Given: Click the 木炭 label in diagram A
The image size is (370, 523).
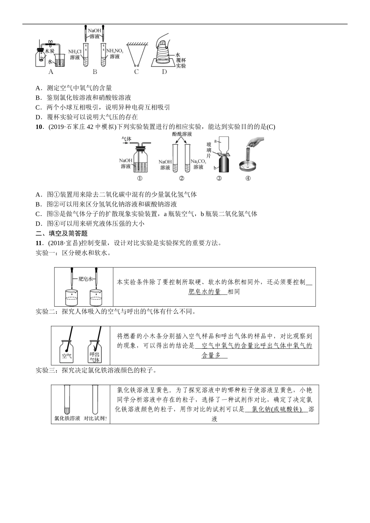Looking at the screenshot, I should click(49, 51).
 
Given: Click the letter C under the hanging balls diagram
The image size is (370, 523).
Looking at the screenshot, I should click(136, 72).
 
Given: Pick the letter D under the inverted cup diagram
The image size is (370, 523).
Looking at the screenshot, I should click(164, 72).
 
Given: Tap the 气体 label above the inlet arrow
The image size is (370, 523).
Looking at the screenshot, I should click(126, 138).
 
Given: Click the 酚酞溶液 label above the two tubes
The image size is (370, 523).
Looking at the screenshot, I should click(182, 134).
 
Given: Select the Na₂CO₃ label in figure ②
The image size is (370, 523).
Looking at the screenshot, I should click(198, 161).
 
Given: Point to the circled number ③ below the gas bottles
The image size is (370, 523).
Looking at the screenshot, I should click(219, 179).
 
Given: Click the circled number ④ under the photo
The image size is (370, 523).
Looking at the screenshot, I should click(248, 179).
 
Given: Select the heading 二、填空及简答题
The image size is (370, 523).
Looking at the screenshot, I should click(62, 233).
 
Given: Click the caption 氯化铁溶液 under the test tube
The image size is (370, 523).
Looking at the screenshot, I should click(67, 419).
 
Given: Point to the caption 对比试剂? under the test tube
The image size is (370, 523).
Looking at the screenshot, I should click(95, 419).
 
